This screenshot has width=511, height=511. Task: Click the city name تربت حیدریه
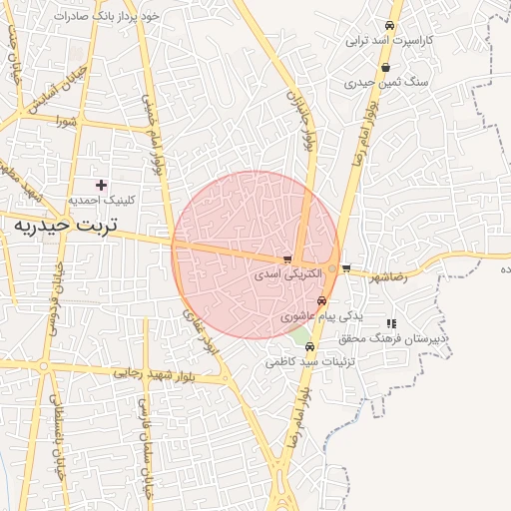[65, 226]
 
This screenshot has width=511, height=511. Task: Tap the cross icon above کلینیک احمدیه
[101, 185]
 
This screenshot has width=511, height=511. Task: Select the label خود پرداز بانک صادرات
[110, 17]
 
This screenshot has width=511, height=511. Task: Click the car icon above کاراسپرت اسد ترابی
[389, 26]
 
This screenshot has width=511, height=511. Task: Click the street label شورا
[67, 123]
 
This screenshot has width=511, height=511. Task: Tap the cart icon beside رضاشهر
[345, 268]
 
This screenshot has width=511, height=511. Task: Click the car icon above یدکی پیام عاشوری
[321, 300]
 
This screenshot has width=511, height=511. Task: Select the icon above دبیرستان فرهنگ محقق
[392, 323]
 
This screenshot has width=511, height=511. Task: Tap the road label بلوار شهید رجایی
[154, 373]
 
